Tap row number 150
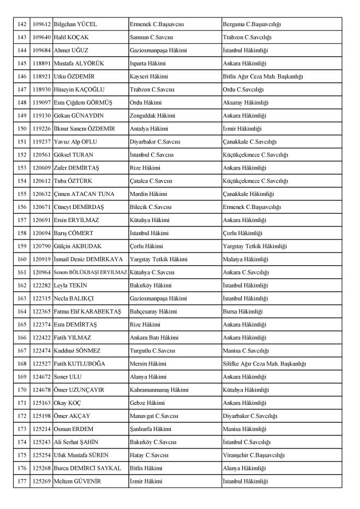(22, 129)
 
